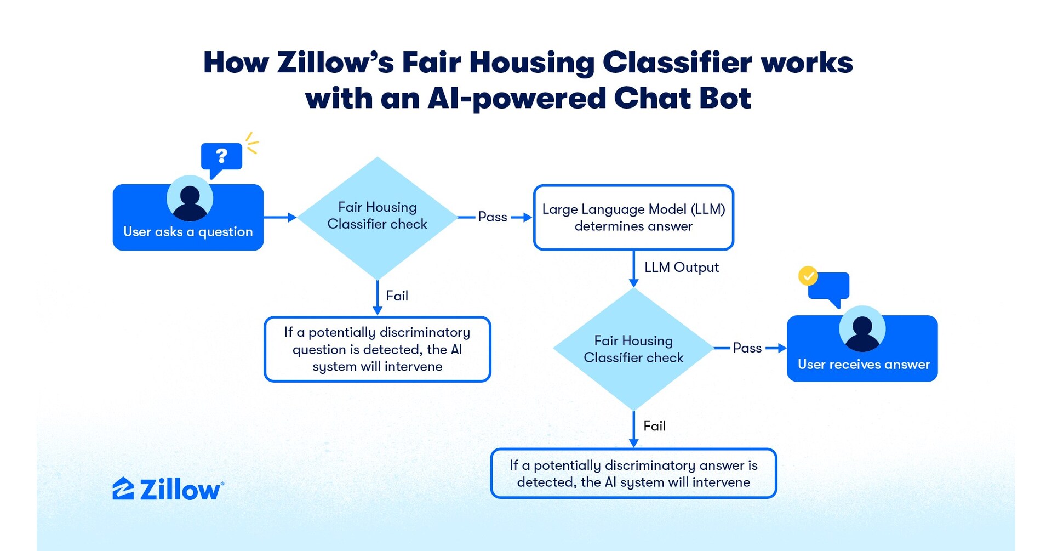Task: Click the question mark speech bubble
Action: point(221,157)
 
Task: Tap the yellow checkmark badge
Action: point(808,276)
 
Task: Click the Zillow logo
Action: point(168,489)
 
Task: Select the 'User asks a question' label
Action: point(188,232)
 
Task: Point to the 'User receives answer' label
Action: point(863,365)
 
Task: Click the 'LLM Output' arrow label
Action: point(681,268)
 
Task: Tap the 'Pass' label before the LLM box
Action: point(492,217)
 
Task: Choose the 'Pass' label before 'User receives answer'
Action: point(747,348)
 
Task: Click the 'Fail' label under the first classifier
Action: point(397,296)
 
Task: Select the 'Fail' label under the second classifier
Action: point(654,426)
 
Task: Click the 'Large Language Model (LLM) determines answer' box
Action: point(633,218)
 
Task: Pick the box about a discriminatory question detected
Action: point(377,349)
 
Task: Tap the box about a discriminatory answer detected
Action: point(633,474)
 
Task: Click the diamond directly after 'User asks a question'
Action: point(377,217)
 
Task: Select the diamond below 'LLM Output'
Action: point(633,349)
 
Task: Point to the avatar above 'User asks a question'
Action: point(190,198)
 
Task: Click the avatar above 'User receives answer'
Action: point(862,329)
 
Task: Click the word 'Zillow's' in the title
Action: point(335,63)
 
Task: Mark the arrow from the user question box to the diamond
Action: point(280,218)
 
